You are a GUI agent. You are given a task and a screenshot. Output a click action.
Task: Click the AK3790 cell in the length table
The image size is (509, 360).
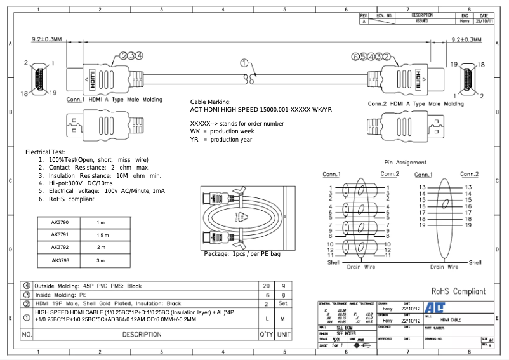(x=60, y=223)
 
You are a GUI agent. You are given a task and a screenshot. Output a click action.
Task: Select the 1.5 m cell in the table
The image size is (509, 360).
(x=102, y=235)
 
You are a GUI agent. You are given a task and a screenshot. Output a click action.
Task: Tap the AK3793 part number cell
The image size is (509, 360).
(x=60, y=260)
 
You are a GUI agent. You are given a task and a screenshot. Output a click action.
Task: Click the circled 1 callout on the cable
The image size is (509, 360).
(x=244, y=63)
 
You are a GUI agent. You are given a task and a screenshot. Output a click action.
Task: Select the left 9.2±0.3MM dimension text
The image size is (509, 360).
(x=46, y=39)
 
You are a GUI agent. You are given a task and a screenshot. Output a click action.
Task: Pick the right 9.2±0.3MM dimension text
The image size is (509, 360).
(x=466, y=39)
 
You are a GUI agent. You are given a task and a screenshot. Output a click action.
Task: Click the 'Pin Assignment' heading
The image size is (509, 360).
(x=406, y=163)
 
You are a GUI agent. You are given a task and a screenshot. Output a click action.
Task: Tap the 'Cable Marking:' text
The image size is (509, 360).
(x=211, y=102)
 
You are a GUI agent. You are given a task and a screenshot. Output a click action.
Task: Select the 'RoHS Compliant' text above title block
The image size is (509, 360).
(x=458, y=291)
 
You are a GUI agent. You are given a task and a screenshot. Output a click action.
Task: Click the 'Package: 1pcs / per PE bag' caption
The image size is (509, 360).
(x=242, y=254)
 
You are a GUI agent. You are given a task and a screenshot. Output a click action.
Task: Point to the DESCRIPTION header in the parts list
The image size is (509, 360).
(x=142, y=334)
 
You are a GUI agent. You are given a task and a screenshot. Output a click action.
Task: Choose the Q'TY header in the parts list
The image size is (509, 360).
(x=266, y=334)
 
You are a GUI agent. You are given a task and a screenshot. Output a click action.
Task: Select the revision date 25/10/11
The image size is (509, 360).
(x=485, y=21)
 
